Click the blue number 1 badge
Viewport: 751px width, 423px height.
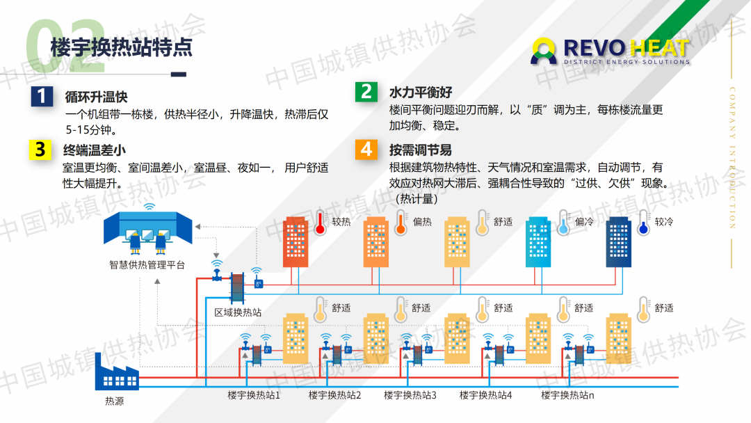[42, 96]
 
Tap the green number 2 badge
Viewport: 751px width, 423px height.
[366, 92]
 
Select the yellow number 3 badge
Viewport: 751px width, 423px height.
[40, 150]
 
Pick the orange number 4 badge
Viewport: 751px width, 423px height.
[366, 150]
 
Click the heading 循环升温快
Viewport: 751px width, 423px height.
[96, 97]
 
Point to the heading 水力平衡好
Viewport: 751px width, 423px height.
[421, 92]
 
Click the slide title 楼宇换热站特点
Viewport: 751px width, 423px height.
[122, 47]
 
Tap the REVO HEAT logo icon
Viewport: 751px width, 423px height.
[544, 51]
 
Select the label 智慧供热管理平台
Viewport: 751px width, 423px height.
[147, 265]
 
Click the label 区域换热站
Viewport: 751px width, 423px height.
[238, 313]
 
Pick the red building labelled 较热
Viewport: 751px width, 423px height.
[296, 242]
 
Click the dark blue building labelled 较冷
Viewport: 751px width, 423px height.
[618, 242]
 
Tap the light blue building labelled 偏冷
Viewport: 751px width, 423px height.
[538, 242]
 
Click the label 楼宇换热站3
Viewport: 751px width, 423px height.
[410, 395]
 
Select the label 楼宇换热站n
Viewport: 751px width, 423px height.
[567, 395]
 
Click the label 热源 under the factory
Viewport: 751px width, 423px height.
[115, 401]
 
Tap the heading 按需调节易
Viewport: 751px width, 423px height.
[421, 150]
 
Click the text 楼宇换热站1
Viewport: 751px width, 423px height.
[253, 395]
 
